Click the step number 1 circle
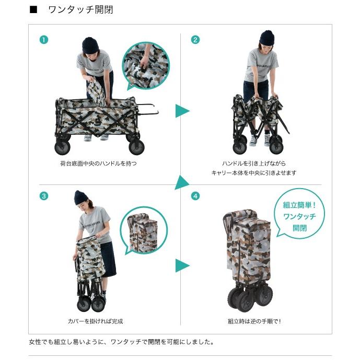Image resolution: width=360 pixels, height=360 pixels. coord(44,40)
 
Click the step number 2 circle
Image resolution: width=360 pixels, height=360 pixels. coord(195,40)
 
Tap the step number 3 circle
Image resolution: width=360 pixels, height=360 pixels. coord(44,196)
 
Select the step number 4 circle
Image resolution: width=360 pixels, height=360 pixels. coord(195,196)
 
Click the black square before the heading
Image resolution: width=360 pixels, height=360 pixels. coord(33,9)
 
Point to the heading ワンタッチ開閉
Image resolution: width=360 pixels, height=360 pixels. coord(80,9)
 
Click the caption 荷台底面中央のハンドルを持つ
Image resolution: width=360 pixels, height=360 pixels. coord(98,164)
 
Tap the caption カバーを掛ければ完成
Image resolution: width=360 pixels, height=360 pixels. coord(95,321)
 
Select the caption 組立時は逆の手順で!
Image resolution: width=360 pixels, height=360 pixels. coord(254,321)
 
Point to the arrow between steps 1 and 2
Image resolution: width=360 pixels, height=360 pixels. coord(182,111)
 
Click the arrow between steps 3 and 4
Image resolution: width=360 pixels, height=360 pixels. coord(182,265)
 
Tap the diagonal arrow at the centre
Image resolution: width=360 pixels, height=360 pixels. coord(182,183)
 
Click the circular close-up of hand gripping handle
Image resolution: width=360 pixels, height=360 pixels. coord(146,66)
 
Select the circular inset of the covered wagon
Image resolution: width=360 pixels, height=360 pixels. coord(144,230)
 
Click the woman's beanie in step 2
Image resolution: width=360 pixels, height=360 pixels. coord(266,38)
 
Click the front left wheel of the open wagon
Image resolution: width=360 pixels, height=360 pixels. coord(62,147)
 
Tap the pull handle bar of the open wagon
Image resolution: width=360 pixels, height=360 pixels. coord(148,109)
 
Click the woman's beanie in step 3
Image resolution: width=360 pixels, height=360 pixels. coord(80,198)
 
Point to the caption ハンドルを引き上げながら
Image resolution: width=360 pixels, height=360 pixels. coord(254,164)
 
